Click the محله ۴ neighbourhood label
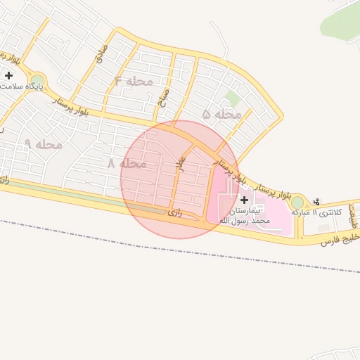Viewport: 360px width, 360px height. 134,81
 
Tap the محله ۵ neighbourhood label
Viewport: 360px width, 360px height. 222,113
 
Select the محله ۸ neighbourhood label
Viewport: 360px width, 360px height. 127,163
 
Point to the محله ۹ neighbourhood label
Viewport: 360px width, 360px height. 44,144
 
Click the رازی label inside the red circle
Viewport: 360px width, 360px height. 175,212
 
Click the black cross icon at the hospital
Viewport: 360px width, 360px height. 244,200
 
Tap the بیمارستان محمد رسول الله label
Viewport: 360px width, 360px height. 243,216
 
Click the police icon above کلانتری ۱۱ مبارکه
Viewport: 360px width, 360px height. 316,200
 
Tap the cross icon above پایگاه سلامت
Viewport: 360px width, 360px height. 8,75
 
